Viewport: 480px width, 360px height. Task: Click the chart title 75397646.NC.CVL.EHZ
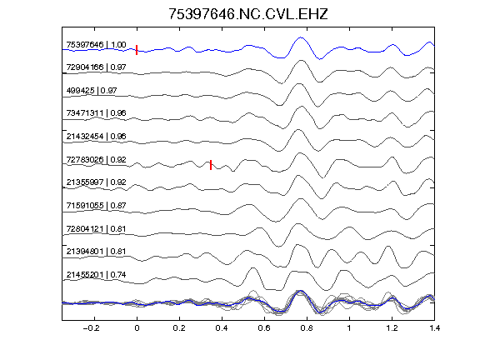coord(248,14)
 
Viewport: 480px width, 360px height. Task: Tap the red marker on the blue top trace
coord(137,50)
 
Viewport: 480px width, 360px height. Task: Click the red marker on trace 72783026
coord(211,165)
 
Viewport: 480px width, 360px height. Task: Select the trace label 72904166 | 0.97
coord(96,67)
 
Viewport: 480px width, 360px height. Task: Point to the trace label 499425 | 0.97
coord(92,90)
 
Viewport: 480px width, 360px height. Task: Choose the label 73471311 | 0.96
coord(96,113)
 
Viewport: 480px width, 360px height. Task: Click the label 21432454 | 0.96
coord(96,136)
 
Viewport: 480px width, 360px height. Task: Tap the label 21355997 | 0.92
coord(96,182)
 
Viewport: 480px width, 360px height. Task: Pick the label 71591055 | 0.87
coord(96,205)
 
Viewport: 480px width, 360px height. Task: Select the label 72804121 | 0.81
coord(96,228)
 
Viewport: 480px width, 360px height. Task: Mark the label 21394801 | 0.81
coord(96,252)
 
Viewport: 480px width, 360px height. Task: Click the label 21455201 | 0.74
coord(96,275)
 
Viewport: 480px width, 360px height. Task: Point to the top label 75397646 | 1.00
coord(96,45)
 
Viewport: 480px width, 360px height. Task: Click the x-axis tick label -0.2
coord(92,328)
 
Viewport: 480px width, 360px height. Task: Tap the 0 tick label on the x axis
coord(137,328)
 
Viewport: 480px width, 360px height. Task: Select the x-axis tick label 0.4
coord(222,328)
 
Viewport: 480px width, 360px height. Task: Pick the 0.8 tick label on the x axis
coord(307,328)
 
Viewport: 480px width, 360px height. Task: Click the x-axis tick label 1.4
coord(435,328)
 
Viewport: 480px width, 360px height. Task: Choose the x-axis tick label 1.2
coord(392,328)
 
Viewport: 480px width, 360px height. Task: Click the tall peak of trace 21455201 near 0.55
coord(252,268)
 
